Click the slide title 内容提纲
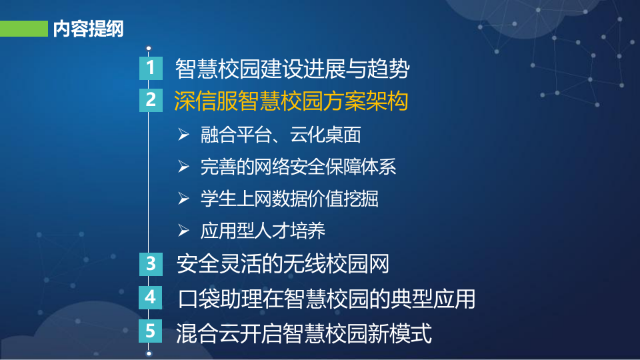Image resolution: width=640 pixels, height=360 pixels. coord(87,29)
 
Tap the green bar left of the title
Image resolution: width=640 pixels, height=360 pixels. coord(23,29)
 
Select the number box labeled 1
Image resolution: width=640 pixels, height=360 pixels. coord(151,68)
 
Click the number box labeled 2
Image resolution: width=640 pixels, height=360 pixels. coord(151,100)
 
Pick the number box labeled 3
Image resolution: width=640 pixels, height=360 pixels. coord(151,263)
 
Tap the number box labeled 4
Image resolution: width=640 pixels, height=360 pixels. coord(151,297)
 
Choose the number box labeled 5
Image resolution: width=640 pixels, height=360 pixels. coord(151,331)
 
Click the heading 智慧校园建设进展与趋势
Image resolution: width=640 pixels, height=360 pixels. coord(291,68)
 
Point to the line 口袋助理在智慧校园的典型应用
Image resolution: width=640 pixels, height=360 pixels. coord(327,298)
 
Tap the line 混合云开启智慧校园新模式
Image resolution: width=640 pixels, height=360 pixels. coord(303,332)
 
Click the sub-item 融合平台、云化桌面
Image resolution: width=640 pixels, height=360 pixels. coord(280,135)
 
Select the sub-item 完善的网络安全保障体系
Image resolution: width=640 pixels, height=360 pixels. coord(298,167)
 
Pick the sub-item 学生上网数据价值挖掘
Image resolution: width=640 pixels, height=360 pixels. coord(289,199)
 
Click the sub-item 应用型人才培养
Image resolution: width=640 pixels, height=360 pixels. coord(263,231)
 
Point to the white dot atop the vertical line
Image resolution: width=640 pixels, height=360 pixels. coord(149,49)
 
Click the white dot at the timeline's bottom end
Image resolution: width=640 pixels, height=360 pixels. coord(149,353)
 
